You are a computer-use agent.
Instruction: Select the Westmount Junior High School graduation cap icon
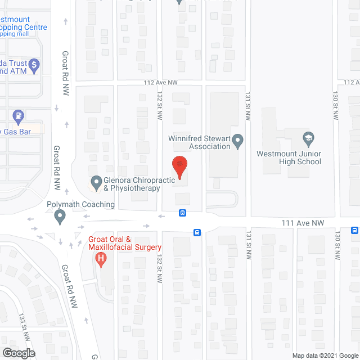coord(308,138)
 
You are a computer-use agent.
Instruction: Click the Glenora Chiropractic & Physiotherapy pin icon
coord(96,182)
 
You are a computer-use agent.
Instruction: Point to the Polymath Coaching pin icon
coord(60,215)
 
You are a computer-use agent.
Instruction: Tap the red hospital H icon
coord(101,259)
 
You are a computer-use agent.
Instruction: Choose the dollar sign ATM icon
coord(34,65)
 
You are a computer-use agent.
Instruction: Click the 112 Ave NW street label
coord(161,82)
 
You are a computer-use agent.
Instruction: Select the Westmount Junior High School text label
coord(289,157)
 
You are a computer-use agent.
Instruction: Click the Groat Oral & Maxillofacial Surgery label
coord(125,243)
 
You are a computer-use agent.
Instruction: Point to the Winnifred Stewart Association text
coord(199,142)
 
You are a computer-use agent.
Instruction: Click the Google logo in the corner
coord(18,353)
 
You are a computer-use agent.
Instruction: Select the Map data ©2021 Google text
coord(324,355)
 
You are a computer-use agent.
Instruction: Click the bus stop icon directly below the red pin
coord(183,213)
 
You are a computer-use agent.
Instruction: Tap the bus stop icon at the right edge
coord(354,230)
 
